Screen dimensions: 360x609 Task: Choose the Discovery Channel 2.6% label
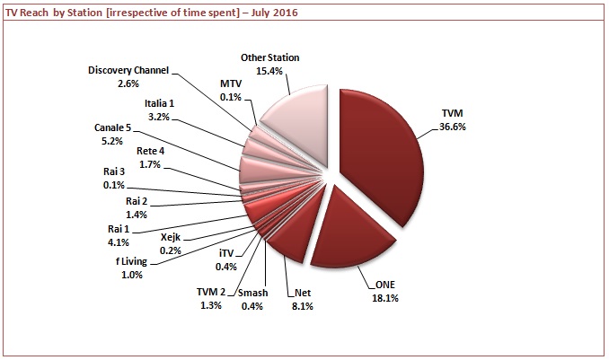pos(130,75)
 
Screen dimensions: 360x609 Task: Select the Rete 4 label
pos(150,156)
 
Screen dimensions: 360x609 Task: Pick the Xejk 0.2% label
pos(171,243)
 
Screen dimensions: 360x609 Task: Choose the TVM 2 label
pos(213,299)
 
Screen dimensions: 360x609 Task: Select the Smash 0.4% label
pos(255,299)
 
